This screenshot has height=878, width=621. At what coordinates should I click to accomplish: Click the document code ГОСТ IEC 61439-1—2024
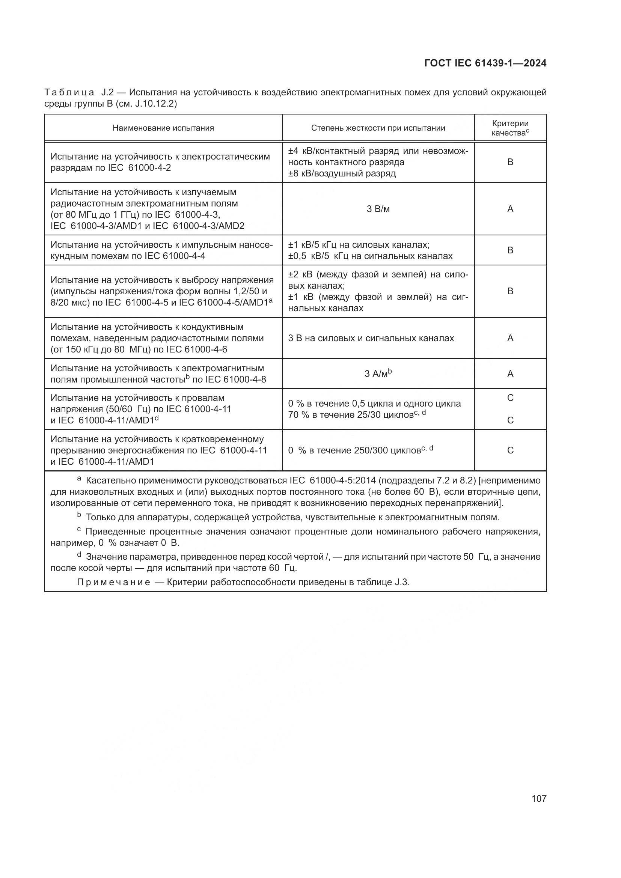(x=485, y=63)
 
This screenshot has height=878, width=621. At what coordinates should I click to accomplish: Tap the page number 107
(x=539, y=798)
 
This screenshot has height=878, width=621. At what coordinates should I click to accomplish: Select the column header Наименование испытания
(x=163, y=128)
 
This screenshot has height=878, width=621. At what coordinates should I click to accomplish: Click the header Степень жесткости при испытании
(x=378, y=128)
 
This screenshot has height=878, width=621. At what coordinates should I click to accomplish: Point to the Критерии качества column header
(x=510, y=128)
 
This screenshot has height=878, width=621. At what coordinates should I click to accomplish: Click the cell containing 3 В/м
(x=378, y=209)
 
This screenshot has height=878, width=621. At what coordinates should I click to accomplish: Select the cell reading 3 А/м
(x=378, y=373)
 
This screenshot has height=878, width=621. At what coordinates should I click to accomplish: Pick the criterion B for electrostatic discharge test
(x=510, y=162)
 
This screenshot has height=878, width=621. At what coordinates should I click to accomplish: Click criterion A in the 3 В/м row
(x=510, y=209)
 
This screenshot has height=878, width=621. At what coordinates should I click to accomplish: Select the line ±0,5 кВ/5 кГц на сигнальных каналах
(x=370, y=256)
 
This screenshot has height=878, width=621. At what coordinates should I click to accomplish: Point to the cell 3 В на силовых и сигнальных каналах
(x=371, y=339)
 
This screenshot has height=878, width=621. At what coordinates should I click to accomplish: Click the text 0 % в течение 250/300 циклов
(x=354, y=450)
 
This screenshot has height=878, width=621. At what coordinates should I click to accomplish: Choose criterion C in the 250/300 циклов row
(x=510, y=450)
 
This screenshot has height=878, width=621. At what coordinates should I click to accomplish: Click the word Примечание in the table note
(x=113, y=583)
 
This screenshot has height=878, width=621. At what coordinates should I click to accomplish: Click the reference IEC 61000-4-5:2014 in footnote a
(x=336, y=481)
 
